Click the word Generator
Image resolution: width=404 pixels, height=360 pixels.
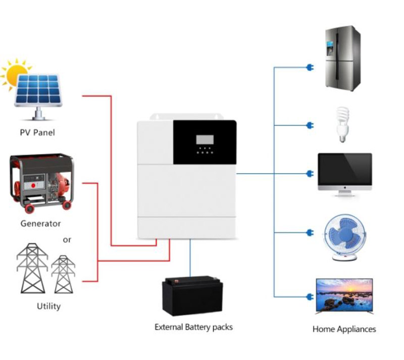click(40, 223)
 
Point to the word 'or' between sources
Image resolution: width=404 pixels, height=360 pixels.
click(67, 240)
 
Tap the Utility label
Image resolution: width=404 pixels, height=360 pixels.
click(48, 306)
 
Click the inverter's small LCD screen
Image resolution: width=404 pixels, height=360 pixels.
click(205, 139)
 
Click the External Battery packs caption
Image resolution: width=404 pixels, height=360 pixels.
click(193, 327)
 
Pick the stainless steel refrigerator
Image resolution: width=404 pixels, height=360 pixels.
click(342, 58)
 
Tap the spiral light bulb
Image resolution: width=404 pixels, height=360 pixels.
click(343, 124)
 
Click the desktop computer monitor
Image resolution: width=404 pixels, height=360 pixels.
click(344, 173)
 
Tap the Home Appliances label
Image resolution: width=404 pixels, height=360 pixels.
click(344, 329)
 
